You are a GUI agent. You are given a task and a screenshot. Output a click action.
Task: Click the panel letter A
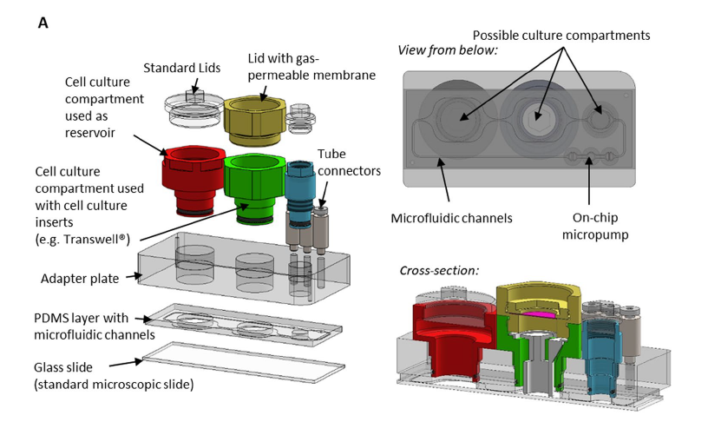pos(43,23)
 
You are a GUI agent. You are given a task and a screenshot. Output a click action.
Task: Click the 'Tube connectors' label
pos(349,162)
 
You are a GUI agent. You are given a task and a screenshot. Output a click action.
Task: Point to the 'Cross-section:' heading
pos(439,270)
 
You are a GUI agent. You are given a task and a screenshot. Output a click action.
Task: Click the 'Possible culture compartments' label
pos(561,35)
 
